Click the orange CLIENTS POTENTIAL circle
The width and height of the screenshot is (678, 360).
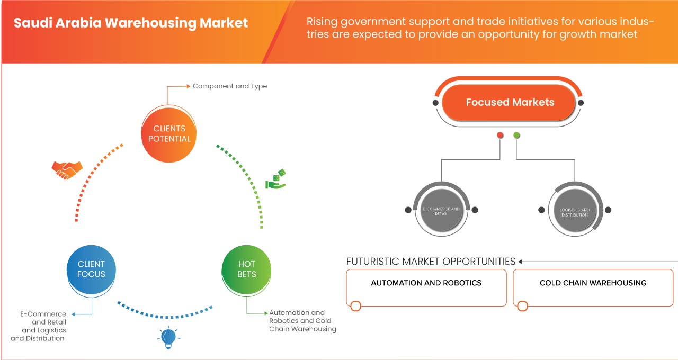(169, 133)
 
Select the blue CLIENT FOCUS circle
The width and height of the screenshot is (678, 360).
(91, 269)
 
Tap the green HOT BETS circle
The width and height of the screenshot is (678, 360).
(246, 269)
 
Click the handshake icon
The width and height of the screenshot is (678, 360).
(67, 169)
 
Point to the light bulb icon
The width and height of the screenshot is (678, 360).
(168, 337)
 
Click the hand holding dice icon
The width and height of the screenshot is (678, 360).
(275, 180)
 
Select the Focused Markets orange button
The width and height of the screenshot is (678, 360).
(510, 102)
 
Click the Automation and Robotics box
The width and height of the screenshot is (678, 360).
(426, 287)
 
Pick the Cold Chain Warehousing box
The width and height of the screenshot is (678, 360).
(593, 287)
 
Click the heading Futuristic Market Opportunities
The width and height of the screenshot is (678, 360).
(431, 262)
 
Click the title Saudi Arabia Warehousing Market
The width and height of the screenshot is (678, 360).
(131, 23)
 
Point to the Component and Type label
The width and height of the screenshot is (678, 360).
(229, 86)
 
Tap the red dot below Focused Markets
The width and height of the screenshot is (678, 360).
(500, 136)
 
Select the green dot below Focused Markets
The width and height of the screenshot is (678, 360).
(516, 136)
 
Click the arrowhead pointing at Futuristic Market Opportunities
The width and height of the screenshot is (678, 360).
(521, 262)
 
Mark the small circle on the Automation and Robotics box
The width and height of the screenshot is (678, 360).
(355, 306)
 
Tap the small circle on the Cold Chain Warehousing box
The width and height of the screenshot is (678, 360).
(522, 306)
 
